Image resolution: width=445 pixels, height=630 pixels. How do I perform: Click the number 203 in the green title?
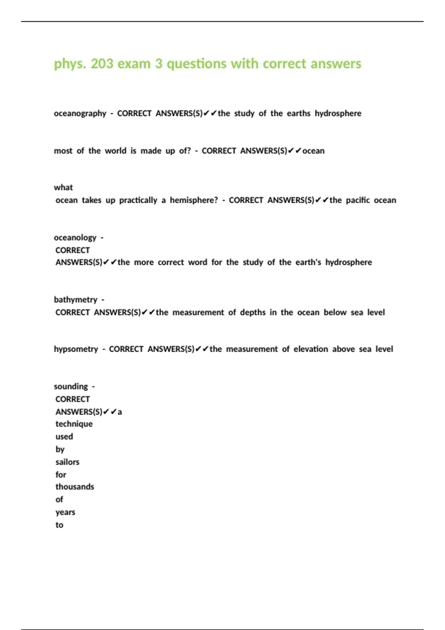coord(102,64)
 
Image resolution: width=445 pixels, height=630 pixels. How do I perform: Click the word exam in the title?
coord(134,64)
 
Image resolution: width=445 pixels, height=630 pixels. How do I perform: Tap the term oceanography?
coord(80,113)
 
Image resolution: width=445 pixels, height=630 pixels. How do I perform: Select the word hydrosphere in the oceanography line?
coord(338,113)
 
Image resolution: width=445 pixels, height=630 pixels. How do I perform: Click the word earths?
coord(299,113)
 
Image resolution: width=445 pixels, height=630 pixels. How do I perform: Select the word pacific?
coord(358,200)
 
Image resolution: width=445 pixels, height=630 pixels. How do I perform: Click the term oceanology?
coord(75,238)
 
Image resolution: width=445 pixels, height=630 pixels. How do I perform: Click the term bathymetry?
coord(76,299)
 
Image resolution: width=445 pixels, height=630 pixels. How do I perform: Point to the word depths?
coord(253,312)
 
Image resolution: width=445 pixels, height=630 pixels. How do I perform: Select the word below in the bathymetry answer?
coord(335,312)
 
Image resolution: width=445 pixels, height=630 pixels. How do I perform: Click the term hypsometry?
coord(76,349)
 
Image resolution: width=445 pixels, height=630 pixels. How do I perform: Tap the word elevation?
coord(311,349)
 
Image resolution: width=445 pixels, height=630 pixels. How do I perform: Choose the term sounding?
coord(71,387)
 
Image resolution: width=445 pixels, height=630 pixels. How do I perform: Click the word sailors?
coord(67,462)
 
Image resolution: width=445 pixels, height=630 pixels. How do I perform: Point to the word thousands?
coord(75,487)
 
